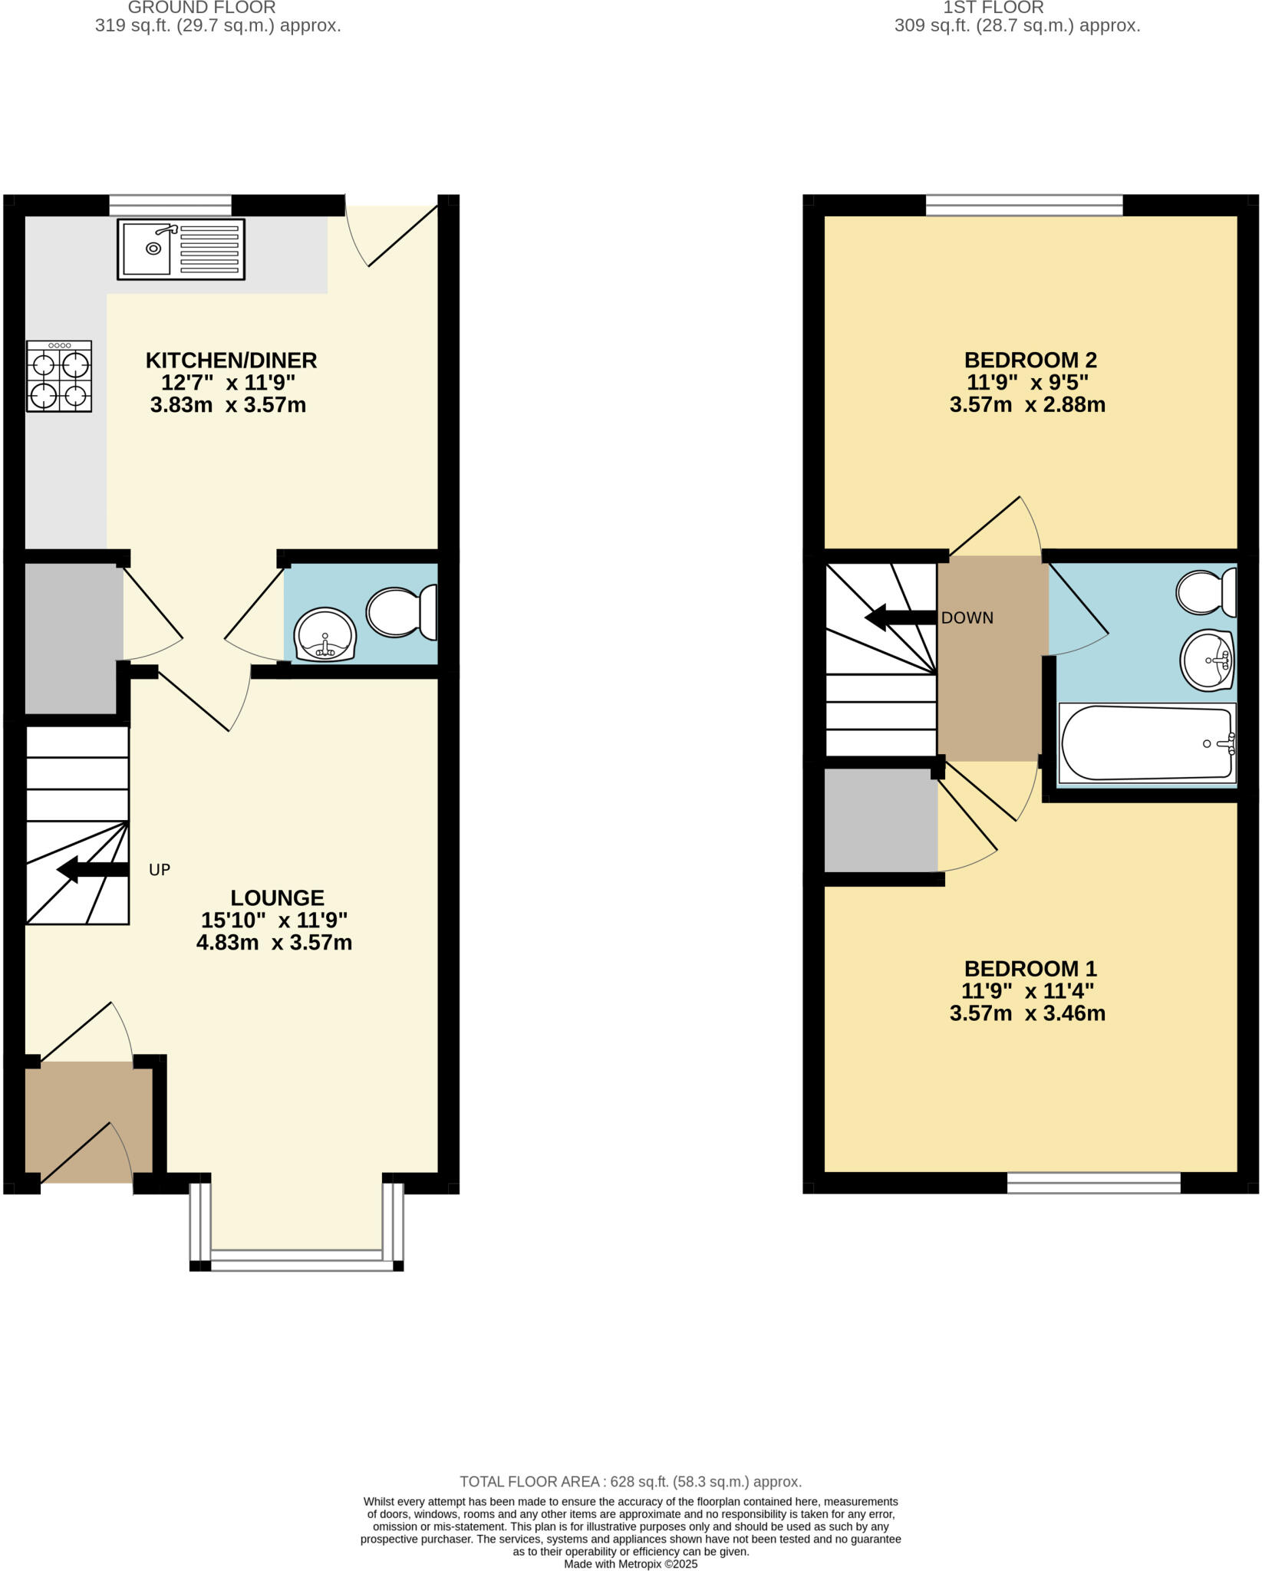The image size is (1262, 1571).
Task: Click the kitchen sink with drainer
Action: click(x=181, y=249)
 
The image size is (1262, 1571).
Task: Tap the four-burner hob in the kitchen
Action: click(x=59, y=376)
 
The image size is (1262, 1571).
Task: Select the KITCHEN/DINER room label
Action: click(x=231, y=360)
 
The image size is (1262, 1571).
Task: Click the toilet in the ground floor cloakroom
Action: click(x=401, y=611)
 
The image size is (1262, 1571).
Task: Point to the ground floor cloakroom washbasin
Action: click(x=325, y=635)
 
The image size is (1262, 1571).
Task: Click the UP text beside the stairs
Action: click(x=159, y=870)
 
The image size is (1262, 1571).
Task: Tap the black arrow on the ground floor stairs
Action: click(x=92, y=870)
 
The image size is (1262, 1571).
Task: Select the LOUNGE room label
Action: click(x=277, y=897)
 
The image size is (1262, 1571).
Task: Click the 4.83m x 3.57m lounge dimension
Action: click(x=274, y=943)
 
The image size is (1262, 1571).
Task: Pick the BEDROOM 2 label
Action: click(x=1030, y=360)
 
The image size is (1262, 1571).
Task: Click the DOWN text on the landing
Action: click(x=967, y=618)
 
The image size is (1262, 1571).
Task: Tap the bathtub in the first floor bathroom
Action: click(x=1146, y=743)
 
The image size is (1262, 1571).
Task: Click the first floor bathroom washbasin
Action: click(x=1207, y=660)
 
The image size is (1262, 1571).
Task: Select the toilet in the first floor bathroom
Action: click(x=1206, y=591)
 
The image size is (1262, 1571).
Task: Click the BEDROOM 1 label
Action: click(x=1030, y=968)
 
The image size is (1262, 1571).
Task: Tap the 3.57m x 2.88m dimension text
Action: click(x=1027, y=405)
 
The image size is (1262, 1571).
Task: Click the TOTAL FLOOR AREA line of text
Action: click(x=631, y=1482)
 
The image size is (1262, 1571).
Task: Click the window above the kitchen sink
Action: click(x=170, y=206)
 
